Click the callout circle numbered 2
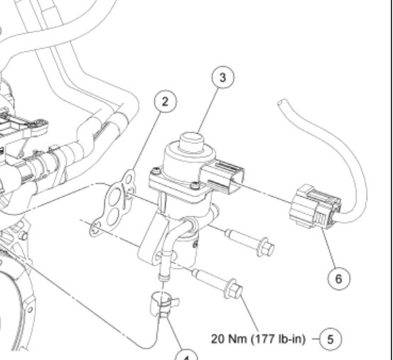pyautogui.click(x=165, y=102)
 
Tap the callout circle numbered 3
pyautogui.click(x=224, y=78)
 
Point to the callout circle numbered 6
pyautogui.click(x=338, y=278)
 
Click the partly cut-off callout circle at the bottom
pyautogui.click(x=186, y=355)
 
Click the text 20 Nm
pyautogui.click(x=227, y=338)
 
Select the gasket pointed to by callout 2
pyautogui.click(x=117, y=202)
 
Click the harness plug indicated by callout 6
pyautogui.click(x=316, y=207)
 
